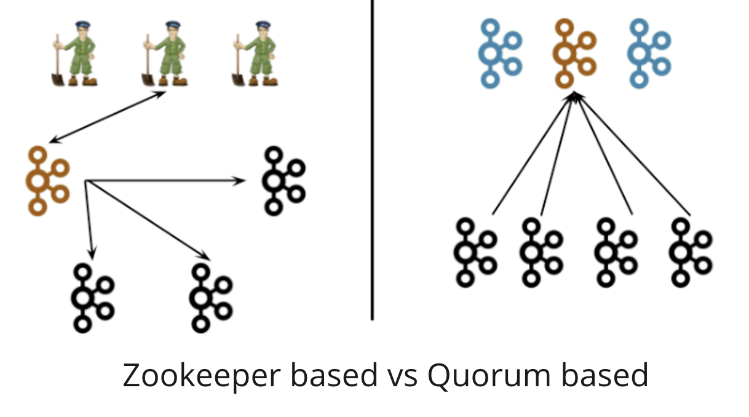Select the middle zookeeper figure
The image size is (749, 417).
pyautogui.click(x=165, y=54)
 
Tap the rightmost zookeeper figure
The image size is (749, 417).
pyautogui.click(x=255, y=54)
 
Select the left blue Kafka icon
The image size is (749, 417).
pyautogui.click(x=500, y=52)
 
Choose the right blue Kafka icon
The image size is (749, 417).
pyautogui.click(x=649, y=52)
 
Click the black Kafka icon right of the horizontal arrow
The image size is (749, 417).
pyautogui.click(x=283, y=181)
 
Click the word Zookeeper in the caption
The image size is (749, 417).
pyautogui.click(x=197, y=375)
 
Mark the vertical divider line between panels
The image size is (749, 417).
pyautogui.click(x=372, y=185)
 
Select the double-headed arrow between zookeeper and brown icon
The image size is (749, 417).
pyautogui.click(x=107, y=117)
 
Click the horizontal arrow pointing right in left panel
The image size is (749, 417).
pyautogui.click(x=166, y=181)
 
